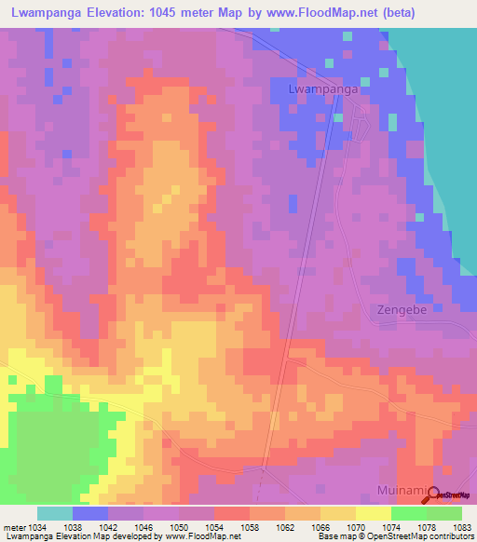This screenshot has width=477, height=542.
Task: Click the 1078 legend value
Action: point(427,526)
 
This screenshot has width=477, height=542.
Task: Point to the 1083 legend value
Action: point(461,526)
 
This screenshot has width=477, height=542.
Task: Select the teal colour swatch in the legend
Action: point(55,513)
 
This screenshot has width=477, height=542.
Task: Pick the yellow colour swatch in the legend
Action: point(374,513)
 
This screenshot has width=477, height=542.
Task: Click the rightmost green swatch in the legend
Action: point(444,513)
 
